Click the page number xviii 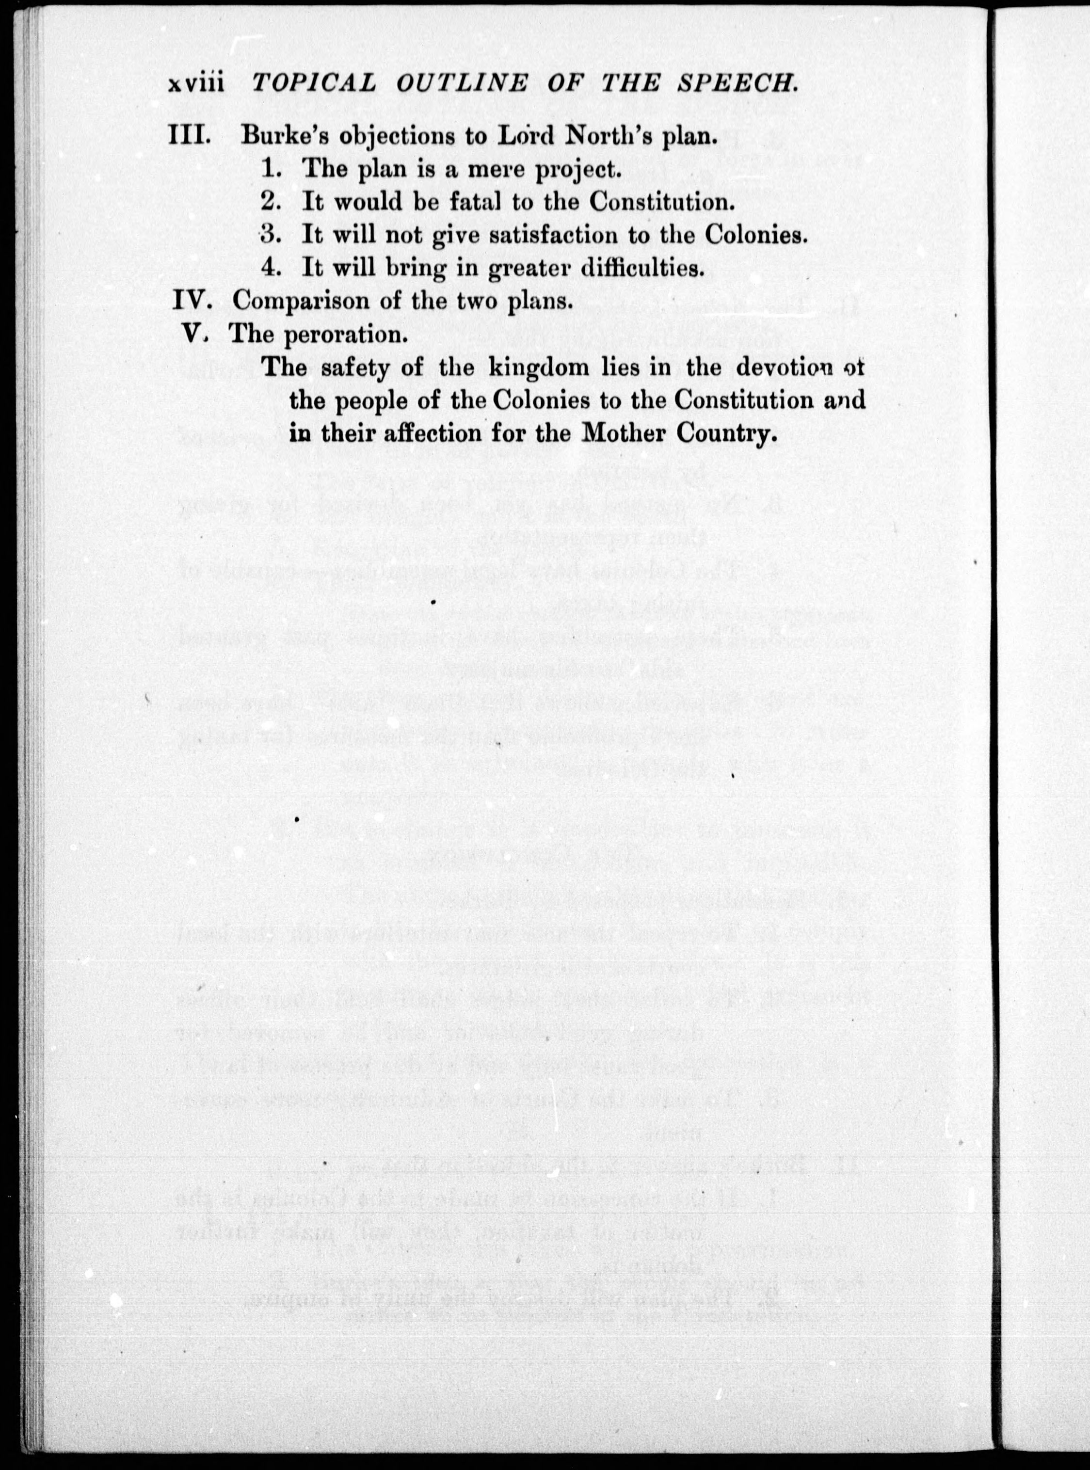(197, 84)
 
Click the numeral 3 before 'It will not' (269, 234)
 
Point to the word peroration (344, 335)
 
